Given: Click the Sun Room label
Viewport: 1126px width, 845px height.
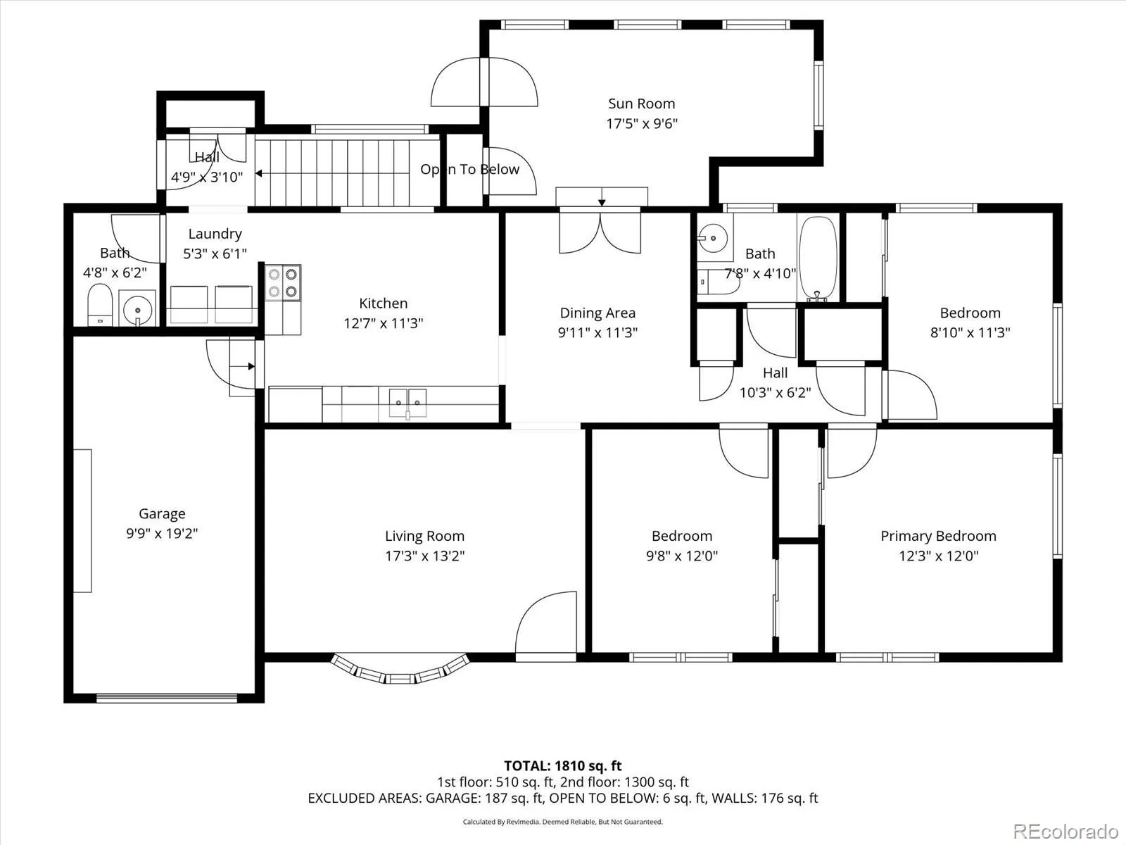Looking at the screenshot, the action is [641, 104].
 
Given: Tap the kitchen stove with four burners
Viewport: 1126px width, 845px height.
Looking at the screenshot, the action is [283, 282].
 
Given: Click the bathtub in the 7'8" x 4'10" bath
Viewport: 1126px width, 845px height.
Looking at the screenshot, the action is [818, 258].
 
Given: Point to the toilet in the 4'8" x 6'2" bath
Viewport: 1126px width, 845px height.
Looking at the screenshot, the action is [100, 305].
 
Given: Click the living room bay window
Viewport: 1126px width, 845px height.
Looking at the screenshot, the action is [400, 669].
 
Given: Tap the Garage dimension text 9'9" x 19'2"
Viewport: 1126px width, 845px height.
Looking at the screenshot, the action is [162, 534].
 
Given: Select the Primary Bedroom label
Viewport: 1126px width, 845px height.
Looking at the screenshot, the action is [938, 536].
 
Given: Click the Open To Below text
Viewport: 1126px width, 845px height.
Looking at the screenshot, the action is [469, 169].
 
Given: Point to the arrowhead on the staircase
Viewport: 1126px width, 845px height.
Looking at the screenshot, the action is [259, 173].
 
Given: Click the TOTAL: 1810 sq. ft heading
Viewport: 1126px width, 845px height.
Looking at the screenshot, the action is [563, 766].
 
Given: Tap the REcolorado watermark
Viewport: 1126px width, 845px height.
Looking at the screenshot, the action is [1066, 831].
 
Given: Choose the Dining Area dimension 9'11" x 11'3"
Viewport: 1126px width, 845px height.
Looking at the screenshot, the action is [597, 332].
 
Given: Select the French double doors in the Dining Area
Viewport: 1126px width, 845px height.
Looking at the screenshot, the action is [600, 233].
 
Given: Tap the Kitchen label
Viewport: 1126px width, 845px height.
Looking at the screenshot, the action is [384, 303].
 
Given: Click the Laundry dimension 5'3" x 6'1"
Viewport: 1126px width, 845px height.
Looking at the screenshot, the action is [215, 254].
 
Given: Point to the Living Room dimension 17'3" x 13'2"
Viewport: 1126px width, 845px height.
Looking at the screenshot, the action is [425, 556].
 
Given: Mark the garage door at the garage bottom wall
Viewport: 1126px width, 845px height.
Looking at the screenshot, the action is [167, 698].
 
